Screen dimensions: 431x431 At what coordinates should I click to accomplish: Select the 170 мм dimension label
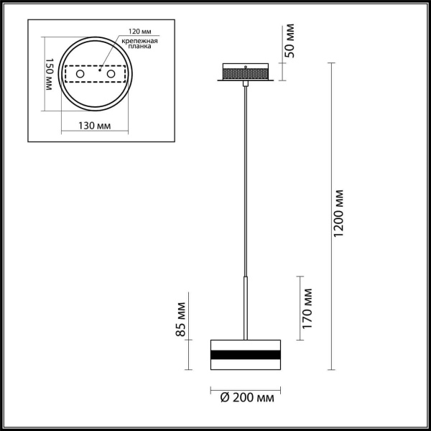pos(307,308)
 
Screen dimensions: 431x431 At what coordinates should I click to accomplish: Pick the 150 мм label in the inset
pos(50,76)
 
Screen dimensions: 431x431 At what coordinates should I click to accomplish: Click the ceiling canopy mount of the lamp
pos(246,73)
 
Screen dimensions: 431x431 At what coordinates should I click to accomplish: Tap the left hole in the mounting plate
pos(80,74)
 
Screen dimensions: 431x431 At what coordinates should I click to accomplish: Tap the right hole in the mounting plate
pos(111,74)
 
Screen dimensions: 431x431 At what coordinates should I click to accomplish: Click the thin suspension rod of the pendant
pos(246,180)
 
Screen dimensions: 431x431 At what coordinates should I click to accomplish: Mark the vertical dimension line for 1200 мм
pos(330,215)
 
